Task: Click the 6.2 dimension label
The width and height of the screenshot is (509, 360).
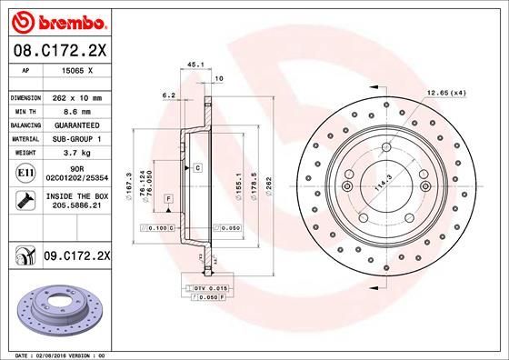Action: tap(168, 95)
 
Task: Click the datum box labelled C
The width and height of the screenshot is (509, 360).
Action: tap(196, 169)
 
